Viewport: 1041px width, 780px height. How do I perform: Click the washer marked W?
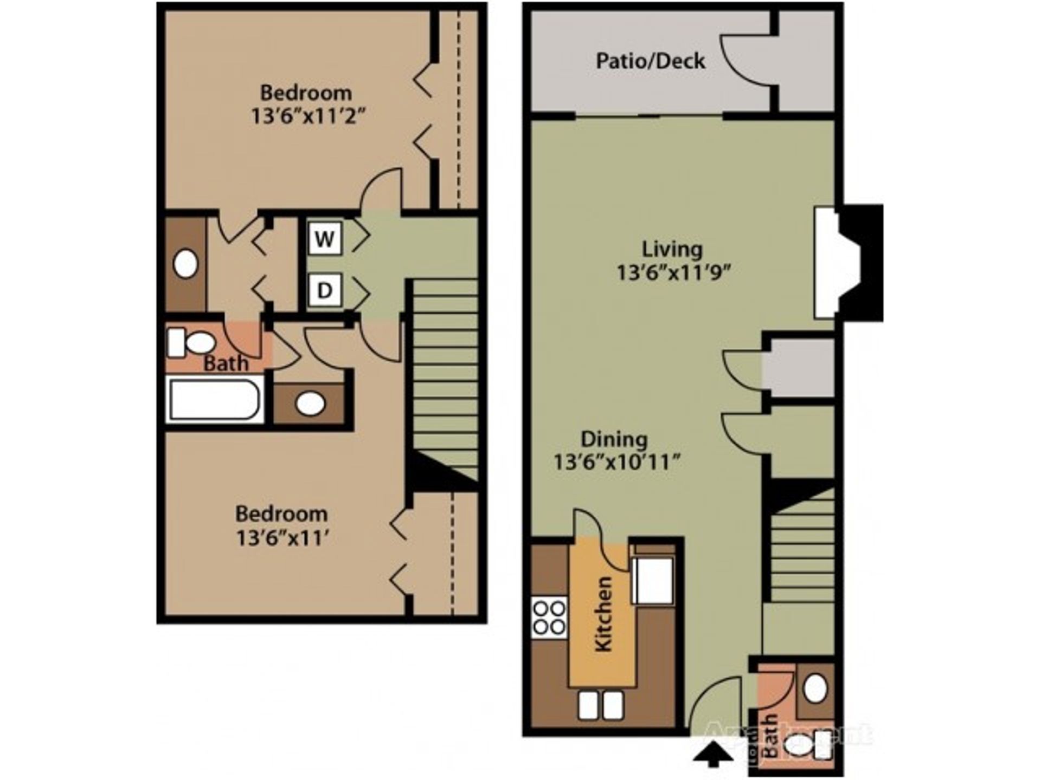(325, 238)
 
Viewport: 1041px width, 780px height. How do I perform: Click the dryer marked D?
(325, 291)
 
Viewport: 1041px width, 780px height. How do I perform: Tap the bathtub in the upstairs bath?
(214, 400)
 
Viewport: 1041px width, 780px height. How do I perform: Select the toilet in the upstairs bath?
(192, 343)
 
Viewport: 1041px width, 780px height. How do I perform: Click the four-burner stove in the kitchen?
(549, 618)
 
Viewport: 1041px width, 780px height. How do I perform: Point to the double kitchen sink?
(600, 706)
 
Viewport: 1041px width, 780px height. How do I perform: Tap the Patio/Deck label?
(650, 61)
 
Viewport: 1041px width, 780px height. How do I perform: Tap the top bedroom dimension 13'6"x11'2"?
(305, 116)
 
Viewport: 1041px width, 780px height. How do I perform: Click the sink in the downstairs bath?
(815, 689)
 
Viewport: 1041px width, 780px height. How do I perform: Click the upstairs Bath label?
(226, 363)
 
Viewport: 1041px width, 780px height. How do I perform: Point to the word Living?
(672, 249)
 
